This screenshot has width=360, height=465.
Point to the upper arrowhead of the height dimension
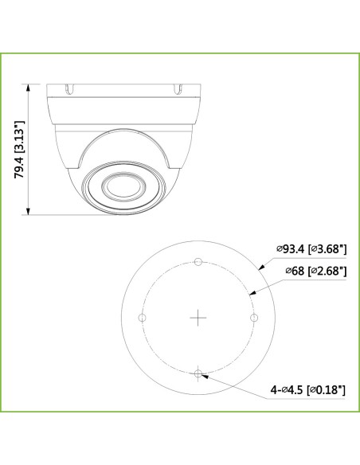[x=29, y=85]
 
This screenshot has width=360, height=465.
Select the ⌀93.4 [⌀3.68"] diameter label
[x=311, y=249]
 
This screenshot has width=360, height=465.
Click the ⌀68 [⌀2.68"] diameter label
[x=311, y=272]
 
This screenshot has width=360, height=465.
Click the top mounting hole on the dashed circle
[x=198, y=262]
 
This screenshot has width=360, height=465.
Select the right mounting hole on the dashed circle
[x=254, y=317]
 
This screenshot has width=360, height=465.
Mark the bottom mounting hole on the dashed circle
[x=198, y=372]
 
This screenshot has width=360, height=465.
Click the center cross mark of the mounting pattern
[x=198, y=317]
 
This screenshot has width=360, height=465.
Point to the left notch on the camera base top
[x=71, y=80]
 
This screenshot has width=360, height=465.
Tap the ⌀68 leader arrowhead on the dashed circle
[x=252, y=293]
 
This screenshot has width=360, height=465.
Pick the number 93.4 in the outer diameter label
[x=293, y=249]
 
